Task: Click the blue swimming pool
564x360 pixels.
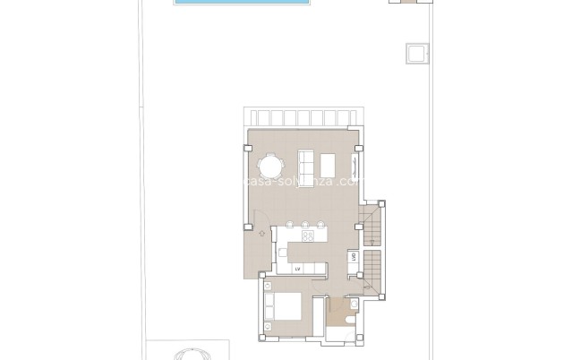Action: (x=243, y=3)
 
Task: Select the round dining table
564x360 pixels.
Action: (x=270, y=167)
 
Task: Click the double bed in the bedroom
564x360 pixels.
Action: (x=286, y=308)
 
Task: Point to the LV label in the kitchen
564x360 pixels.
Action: (x=297, y=268)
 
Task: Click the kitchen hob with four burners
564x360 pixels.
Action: (x=309, y=237)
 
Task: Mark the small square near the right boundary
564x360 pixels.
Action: (x=417, y=54)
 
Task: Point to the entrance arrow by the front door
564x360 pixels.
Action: (x=261, y=234)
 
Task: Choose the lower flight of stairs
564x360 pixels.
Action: (x=373, y=270)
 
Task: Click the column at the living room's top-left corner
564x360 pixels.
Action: (x=249, y=148)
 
